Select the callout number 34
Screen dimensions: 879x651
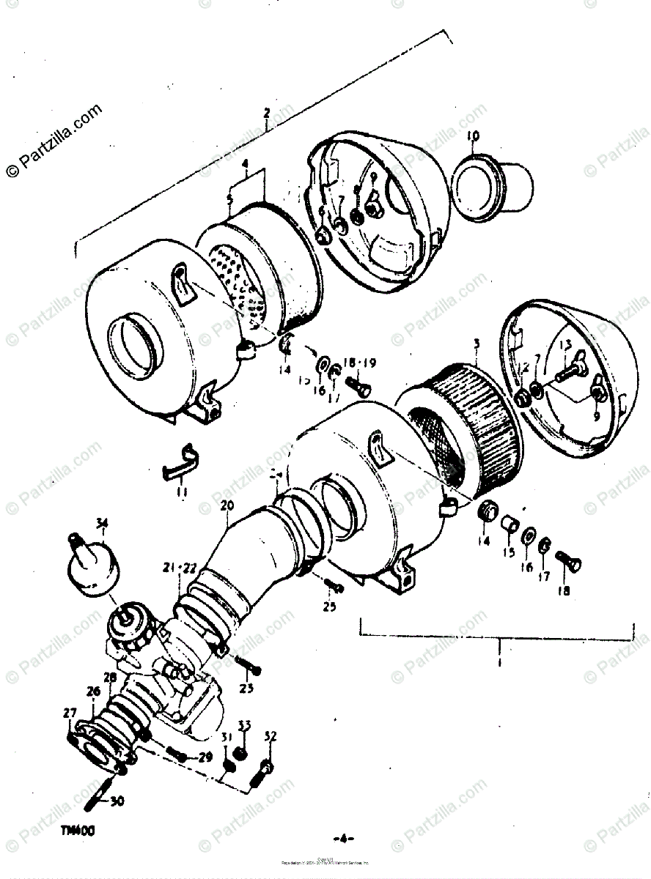(101, 522)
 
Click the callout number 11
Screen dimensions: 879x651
(182, 492)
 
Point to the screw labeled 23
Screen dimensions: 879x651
(248, 665)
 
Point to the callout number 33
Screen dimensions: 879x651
(244, 725)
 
